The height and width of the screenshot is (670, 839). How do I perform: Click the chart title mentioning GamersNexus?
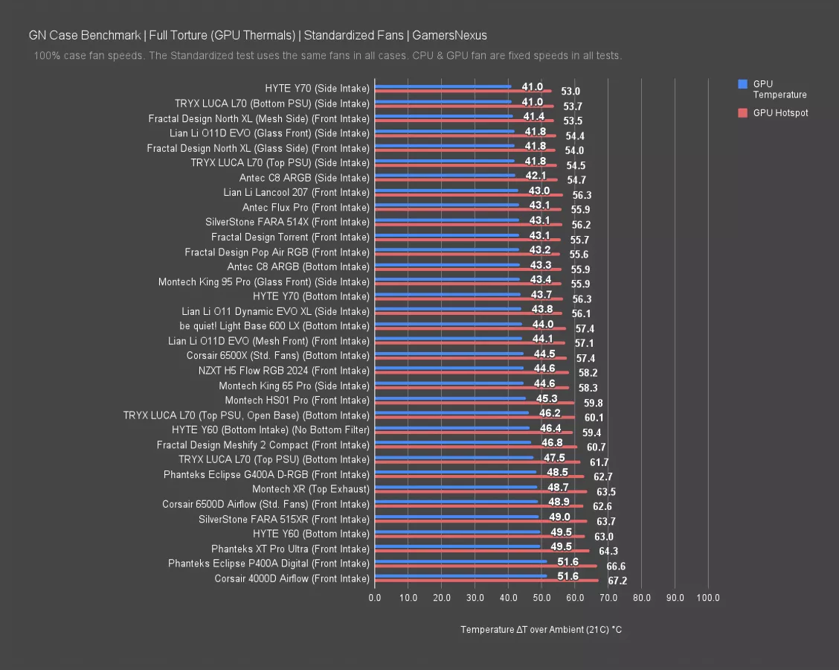(257, 35)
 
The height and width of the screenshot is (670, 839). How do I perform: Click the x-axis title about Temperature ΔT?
(541, 630)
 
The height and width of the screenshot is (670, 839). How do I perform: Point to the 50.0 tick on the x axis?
(541, 598)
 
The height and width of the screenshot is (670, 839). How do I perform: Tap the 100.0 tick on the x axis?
(708, 598)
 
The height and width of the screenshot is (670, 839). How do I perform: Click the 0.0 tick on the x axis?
(375, 598)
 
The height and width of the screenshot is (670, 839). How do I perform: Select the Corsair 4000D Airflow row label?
(292, 578)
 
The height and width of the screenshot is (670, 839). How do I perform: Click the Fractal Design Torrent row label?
(290, 237)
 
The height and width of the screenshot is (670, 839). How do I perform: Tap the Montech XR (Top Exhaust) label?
(310, 489)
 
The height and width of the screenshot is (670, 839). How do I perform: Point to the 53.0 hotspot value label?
(570, 91)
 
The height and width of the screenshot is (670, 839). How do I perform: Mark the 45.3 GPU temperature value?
(547, 398)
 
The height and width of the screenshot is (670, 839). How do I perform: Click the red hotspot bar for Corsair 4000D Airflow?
(486, 580)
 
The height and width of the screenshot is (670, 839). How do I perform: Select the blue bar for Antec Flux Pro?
(446, 205)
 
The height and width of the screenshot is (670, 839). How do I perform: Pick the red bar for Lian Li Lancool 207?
(469, 194)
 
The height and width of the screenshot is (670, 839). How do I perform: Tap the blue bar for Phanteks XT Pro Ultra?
(457, 546)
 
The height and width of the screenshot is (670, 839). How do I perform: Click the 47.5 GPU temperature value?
(554, 458)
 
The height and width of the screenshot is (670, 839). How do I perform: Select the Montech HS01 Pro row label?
(297, 401)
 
